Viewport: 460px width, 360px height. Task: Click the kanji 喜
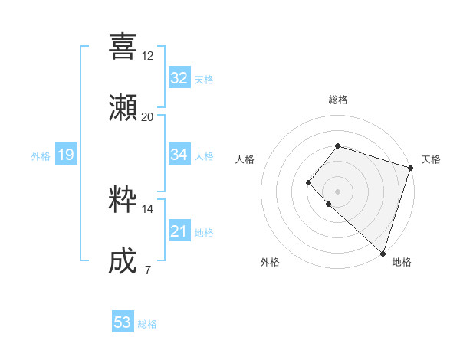(123, 46)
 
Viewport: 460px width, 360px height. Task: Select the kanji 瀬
(123, 107)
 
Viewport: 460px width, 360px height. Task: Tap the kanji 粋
(123, 200)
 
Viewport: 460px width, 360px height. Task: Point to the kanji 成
(123, 261)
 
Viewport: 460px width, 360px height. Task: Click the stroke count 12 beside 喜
(148, 56)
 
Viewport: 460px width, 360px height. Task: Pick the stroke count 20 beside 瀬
(148, 117)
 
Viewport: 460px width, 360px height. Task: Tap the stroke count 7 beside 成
(147, 270)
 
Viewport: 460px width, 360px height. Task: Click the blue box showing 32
(179, 78)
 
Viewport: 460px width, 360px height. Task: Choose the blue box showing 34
(179, 155)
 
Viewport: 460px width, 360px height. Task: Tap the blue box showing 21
(179, 231)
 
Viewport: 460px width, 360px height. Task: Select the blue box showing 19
(65, 155)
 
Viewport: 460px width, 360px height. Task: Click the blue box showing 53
(123, 322)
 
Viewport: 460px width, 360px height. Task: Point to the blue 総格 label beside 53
(147, 324)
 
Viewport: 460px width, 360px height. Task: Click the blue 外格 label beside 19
(41, 156)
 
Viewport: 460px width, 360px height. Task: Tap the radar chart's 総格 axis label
(337, 100)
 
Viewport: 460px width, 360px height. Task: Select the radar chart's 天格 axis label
(431, 159)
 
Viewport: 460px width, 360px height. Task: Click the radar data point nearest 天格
(410, 169)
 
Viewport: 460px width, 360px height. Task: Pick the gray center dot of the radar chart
(337, 191)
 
